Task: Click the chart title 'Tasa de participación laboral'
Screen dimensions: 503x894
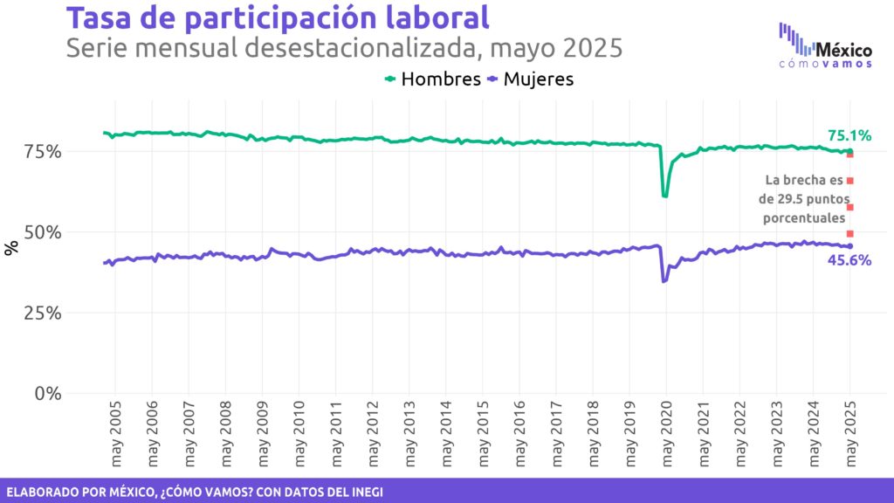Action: pyautogui.click(x=278, y=18)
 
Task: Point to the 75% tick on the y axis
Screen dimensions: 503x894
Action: pyautogui.click(x=42, y=152)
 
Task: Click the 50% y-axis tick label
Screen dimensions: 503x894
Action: pyautogui.click(x=42, y=232)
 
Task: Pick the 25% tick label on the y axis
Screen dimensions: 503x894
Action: pyautogui.click(x=42, y=313)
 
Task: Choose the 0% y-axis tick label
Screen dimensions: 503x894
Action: pyautogui.click(x=48, y=393)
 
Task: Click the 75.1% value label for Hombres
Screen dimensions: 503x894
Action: pyautogui.click(x=849, y=135)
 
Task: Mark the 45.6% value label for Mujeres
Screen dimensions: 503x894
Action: pyautogui.click(x=849, y=260)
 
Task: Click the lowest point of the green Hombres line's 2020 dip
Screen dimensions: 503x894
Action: pyautogui.click(x=665, y=196)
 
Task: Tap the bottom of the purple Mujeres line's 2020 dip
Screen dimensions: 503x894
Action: pyautogui.click(x=664, y=281)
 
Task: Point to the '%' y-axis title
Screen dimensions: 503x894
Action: pyautogui.click(x=11, y=248)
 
